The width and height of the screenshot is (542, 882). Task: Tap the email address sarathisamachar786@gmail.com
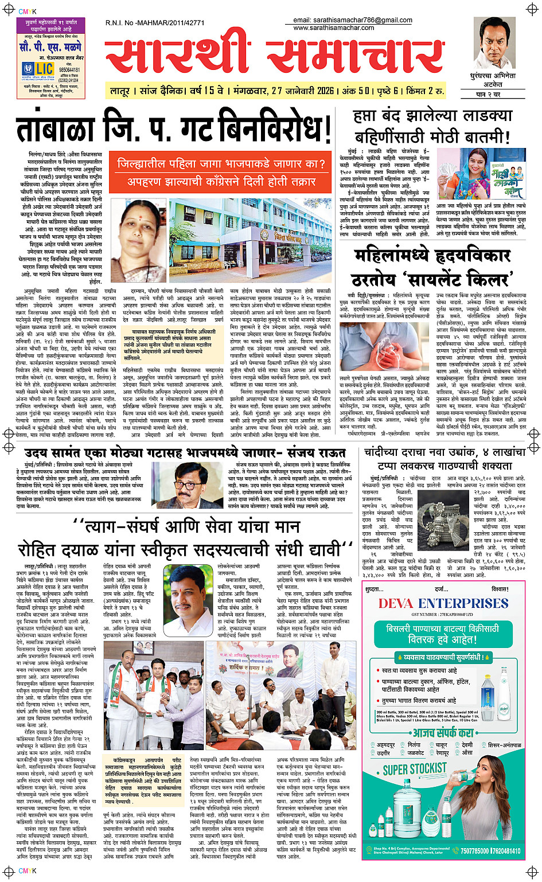(353, 20)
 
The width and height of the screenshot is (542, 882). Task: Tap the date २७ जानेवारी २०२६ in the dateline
(302, 91)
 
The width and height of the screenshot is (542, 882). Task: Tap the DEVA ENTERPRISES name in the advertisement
(443, 603)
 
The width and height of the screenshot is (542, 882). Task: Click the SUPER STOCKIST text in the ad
(415, 769)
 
